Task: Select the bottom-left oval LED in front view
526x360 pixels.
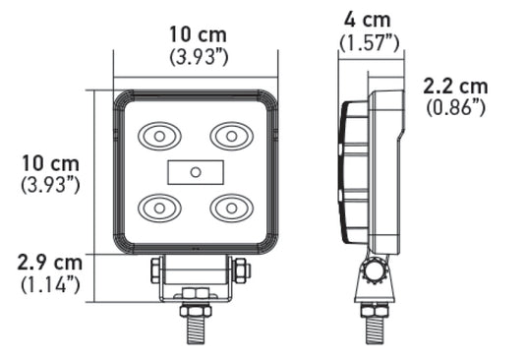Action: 157,207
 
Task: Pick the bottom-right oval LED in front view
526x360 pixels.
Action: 232,207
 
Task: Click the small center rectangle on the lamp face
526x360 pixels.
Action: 196,171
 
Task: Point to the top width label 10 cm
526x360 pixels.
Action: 199,34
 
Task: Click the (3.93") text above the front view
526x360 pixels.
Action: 199,56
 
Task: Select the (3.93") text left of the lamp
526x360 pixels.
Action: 49,184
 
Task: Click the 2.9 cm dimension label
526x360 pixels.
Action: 49,264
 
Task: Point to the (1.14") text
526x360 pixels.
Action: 49,285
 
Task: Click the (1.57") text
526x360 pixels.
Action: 369,41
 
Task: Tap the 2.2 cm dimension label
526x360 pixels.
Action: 455,86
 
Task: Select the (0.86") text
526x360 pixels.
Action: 455,107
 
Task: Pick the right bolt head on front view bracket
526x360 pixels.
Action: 241,269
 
